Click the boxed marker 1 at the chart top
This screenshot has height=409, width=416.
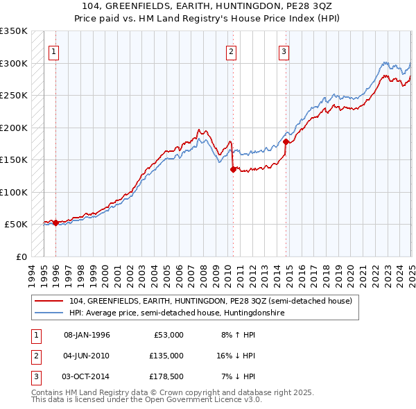point(54,51)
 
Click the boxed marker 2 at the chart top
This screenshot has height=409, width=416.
point(231,51)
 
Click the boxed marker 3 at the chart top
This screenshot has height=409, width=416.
point(284,51)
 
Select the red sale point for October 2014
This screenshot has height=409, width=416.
point(286,141)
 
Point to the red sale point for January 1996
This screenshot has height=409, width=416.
point(55,223)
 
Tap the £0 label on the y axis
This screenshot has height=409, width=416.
point(21,256)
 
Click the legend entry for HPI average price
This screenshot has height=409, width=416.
point(177,313)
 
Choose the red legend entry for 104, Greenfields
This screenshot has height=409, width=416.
point(211,301)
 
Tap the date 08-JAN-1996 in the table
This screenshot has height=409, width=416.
point(87,335)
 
